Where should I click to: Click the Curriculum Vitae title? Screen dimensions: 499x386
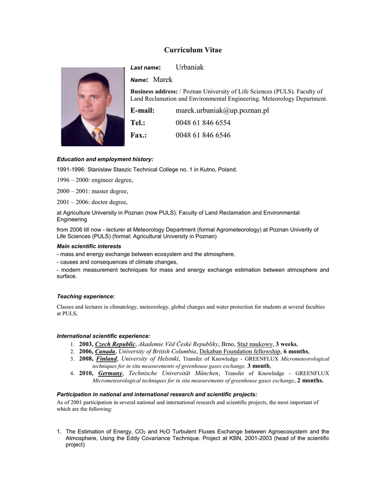[193, 50]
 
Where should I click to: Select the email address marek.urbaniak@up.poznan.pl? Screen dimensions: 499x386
[222, 111]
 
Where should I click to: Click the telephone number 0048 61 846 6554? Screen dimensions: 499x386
[203, 123]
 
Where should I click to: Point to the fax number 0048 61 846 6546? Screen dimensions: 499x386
[203, 135]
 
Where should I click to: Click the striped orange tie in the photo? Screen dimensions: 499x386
[98, 136]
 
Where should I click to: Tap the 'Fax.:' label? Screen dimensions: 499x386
[139, 135]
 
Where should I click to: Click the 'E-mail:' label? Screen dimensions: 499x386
[142, 111]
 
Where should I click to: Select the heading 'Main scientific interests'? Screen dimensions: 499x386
[89, 246]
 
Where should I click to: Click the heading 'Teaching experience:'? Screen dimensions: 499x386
[86, 296]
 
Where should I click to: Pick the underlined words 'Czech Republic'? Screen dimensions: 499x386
[115, 344]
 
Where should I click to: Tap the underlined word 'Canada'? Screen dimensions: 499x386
[105, 351]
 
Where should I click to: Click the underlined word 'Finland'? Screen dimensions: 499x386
[107, 359]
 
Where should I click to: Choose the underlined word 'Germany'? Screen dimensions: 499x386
[110, 373]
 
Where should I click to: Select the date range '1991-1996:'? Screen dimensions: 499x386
[71, 170]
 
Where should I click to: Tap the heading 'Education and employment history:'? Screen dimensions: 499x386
[105, 159]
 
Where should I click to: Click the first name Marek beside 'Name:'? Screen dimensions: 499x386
[163, 79]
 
